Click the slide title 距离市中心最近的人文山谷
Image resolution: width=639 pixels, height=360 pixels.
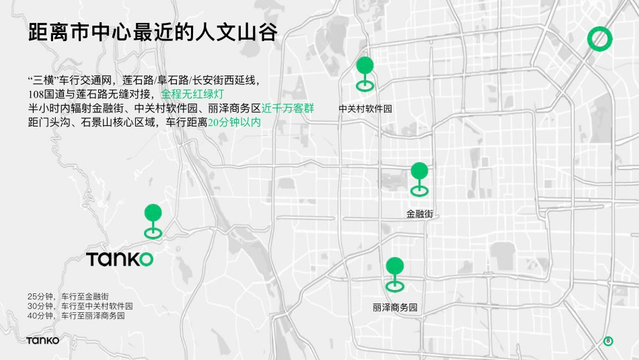(x=153, y=33)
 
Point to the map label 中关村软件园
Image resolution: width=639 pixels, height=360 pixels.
(x=365, y=108)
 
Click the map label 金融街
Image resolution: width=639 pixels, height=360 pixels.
(x=419, y=214)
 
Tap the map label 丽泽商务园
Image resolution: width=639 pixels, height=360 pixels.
(x=395, y=308)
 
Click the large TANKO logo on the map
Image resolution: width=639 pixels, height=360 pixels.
(x=120, y=259)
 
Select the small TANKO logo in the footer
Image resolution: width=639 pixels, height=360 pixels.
(x=43, y=340)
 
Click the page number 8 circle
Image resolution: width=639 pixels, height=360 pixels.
(x=608, y=340)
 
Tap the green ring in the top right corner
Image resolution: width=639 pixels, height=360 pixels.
(x=599, y=39)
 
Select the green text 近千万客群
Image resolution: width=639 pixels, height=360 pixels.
(x=288, y=108)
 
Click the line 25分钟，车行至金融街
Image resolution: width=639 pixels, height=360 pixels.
(x=69, y=297)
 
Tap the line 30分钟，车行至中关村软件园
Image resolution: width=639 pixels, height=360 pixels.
(x=80, y=306)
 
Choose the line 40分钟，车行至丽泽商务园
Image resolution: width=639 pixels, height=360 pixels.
(x=76, y=316)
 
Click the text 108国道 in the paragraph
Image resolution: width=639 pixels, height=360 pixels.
(x=48, y=94)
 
